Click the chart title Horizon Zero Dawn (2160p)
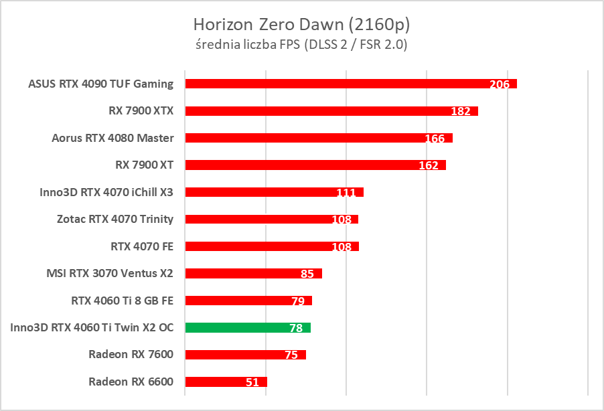click(301, 25)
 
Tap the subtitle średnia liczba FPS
click(301, 45)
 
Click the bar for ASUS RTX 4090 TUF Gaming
click(335, 84)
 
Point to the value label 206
click(500, 84)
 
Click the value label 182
click(461, 111)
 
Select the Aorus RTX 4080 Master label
click(112, 138)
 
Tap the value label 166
click(435, 139)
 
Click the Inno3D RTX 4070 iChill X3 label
click(106, 192)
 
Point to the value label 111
click(346, 193)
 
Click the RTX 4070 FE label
click(142, 246)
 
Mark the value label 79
click(298, 301)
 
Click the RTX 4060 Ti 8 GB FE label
click(122, 301)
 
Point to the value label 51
click(252, 382)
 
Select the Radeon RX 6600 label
click(131, 382)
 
